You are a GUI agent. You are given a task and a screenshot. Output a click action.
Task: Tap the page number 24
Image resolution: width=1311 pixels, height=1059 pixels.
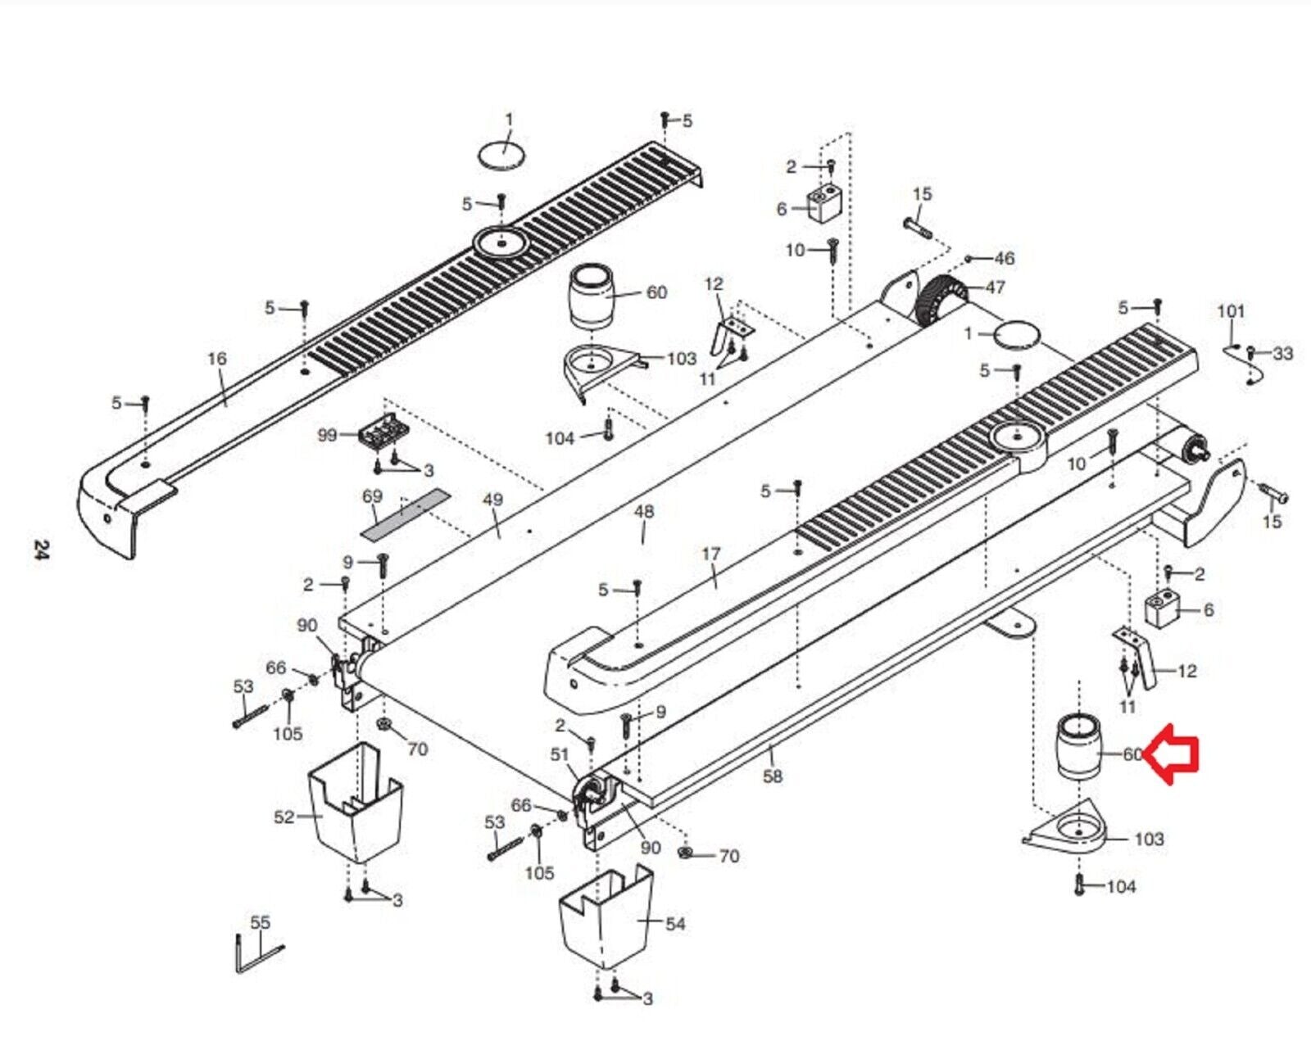point(41,550)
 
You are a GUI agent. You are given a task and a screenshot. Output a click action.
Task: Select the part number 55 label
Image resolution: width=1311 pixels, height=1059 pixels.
point(261,922)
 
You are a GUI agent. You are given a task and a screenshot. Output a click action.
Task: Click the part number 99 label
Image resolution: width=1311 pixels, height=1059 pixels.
point(328,435)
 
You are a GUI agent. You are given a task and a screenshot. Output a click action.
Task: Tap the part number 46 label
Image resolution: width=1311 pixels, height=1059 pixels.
point(1005,259)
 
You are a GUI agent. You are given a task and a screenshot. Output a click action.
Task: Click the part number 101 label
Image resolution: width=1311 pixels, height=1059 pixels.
point(1231,311)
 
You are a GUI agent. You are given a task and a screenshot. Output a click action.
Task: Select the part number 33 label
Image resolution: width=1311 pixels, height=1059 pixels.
point(1282,354)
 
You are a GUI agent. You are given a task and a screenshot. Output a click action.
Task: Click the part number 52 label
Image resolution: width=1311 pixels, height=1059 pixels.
point(284,817)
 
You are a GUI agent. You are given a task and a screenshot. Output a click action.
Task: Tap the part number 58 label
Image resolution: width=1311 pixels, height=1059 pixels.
point(773,776)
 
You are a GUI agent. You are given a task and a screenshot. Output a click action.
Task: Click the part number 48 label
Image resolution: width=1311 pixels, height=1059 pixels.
point(644,511)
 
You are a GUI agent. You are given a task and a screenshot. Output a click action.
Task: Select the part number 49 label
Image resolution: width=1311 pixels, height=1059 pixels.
point(493,500)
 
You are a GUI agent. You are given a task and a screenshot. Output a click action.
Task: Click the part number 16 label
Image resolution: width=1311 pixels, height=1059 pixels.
point(217,358)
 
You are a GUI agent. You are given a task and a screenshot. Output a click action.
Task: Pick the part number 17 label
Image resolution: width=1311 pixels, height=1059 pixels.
point(711,554)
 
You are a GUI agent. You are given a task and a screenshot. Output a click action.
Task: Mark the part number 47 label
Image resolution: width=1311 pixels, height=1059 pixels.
point(996,287)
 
